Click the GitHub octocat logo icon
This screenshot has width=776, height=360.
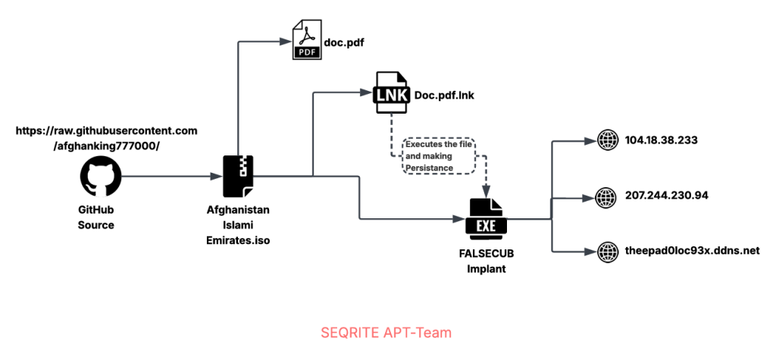click(101, 177)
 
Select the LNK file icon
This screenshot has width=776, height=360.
click(391, 94)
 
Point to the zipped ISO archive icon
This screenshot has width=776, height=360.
click(238, 177)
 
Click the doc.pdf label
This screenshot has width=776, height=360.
click(344, 42)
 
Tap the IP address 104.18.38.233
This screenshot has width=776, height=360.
click(662, 140)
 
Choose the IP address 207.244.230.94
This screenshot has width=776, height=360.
click(667, 195)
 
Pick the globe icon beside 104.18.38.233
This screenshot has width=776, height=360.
click(608, 140)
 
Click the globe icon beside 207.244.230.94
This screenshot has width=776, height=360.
click(608, 196)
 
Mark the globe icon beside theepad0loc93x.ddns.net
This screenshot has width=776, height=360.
click(608, 251)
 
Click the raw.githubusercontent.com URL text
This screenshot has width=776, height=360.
click(107, 138)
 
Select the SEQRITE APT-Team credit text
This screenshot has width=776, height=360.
click(386, 332)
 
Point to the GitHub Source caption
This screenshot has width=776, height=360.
click(96, 218)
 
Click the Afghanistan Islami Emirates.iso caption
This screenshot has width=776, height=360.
click(238, 225)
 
